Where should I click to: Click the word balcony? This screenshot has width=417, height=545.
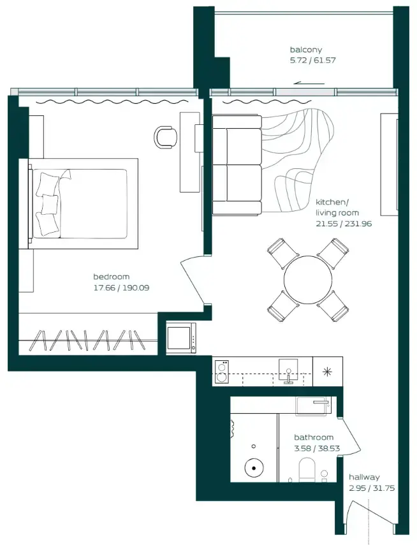coord(305,50)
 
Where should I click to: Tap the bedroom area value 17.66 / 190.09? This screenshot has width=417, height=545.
coord(121,287)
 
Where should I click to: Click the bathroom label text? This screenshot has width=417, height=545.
coord(313,437)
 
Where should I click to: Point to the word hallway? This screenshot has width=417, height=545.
coord(364,477)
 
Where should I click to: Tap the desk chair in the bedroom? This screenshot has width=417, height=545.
coord(166,136)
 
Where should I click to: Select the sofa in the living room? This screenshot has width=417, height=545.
coord(236,165)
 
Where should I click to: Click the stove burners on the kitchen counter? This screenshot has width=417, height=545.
coord(222,371)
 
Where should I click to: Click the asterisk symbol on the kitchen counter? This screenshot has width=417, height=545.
coord(327,372)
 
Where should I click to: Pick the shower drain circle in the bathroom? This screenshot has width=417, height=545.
coord(254,469)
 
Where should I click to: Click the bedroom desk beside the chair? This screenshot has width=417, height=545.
coord(190,152)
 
